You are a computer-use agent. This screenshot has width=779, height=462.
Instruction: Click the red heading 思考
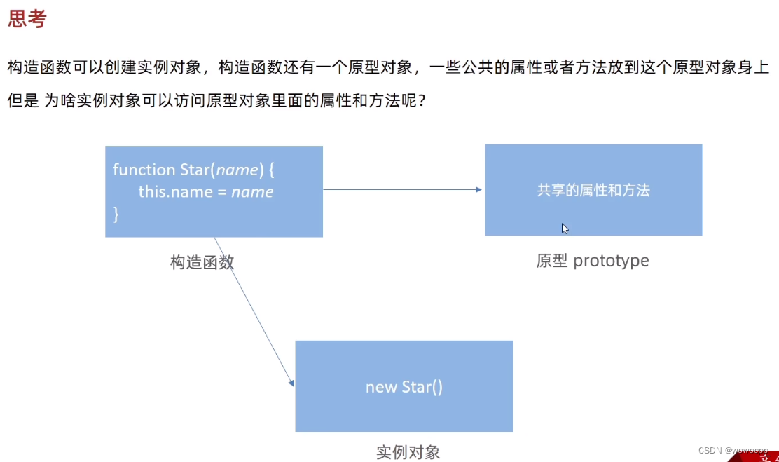[27, 19]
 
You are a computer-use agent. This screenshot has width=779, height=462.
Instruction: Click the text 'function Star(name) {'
[187, 170]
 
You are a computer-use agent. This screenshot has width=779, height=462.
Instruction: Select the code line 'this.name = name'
[205, 191]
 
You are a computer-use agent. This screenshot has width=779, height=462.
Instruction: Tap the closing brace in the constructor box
[116, 214]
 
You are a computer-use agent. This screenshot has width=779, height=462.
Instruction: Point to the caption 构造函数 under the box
[202, 262]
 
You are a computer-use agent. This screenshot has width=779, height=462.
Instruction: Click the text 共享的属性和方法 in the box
[593, 190]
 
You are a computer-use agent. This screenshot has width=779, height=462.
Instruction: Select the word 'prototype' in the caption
[611, 261]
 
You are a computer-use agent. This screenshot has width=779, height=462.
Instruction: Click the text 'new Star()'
[404, 387]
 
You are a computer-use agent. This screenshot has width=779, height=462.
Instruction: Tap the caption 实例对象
[408, 452]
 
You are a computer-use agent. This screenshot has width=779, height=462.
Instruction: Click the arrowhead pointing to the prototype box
[478, 189]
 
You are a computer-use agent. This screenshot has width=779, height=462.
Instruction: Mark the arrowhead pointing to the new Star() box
[291, 383]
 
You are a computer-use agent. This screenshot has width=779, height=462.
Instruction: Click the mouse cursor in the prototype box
[565, 228]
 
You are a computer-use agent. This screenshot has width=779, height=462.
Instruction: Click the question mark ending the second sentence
[422, 101]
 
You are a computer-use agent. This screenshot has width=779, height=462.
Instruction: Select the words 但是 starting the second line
[23, 101]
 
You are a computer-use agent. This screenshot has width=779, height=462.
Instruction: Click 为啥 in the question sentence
[58, 101]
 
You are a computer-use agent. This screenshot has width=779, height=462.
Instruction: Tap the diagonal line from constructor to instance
[252, 308]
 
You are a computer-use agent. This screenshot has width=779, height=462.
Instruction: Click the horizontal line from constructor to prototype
[399, 189]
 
